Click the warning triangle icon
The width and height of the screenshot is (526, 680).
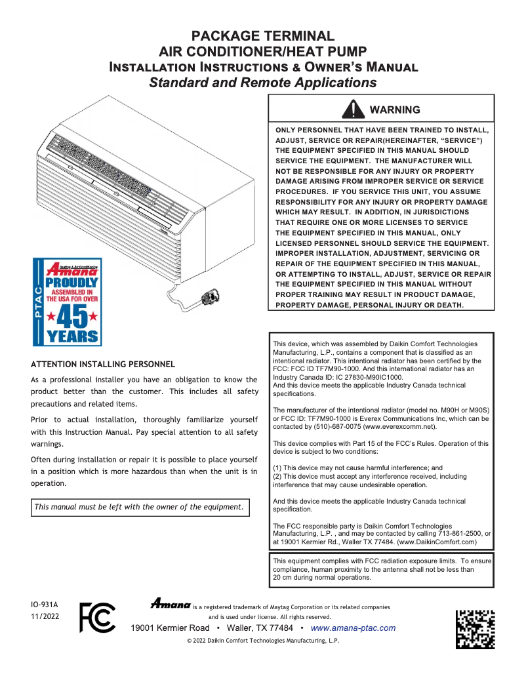354,109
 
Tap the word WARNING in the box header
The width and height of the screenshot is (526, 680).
395,110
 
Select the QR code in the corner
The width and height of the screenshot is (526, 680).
475,629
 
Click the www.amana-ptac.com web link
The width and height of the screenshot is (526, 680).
353,628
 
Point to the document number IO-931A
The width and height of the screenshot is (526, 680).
45,604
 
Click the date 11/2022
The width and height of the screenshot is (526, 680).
45,617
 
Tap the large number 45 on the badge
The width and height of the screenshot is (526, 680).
71,316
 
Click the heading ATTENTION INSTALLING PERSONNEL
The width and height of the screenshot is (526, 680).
103,364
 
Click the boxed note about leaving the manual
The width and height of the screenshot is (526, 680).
140,507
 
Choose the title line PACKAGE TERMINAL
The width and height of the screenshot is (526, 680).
262,36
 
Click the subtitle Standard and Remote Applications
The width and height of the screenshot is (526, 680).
262,83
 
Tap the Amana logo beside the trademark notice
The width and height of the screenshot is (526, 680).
171,603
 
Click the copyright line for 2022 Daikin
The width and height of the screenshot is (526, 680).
263,641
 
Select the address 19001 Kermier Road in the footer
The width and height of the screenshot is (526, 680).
171,628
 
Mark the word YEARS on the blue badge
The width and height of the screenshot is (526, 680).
71,337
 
